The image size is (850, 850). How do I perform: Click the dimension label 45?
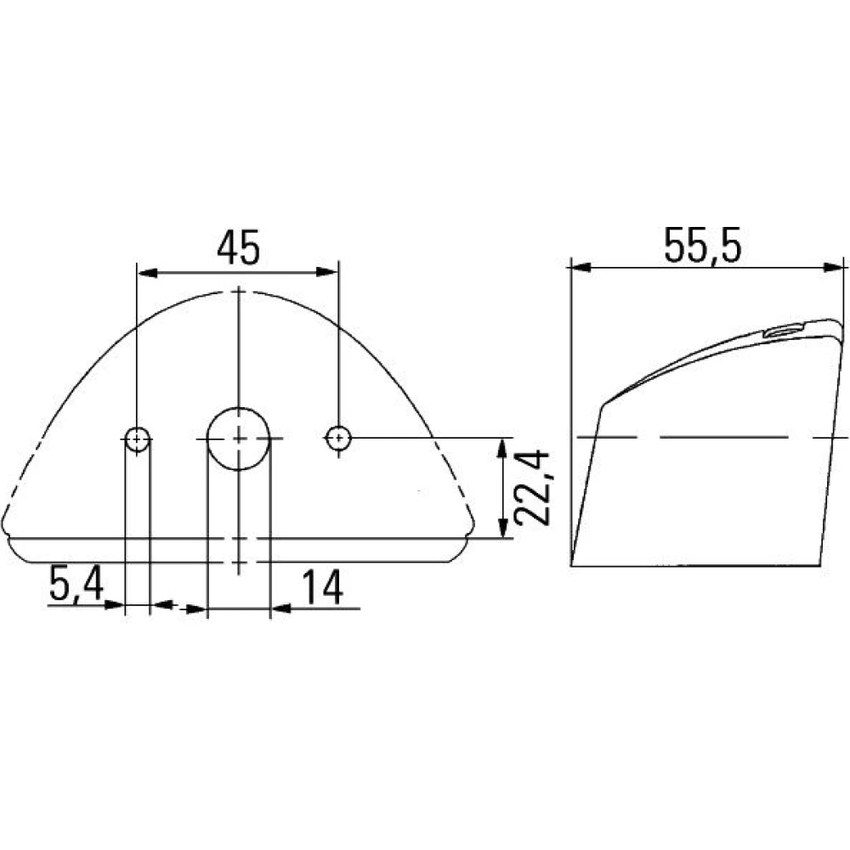click(x=239, y=248)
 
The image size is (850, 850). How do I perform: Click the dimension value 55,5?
click(x=702, y=246)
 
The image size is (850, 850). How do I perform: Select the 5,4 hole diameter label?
click(x=76, y=583)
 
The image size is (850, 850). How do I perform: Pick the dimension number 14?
click(x=322, y=587)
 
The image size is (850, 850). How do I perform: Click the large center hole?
click(x=239, y=439)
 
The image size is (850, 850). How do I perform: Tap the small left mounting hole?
click(x=138, y=439)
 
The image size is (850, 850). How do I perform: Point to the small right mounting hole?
click(x=339, y=437)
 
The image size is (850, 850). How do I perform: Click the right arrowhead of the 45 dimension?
click(x=327, y=272)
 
